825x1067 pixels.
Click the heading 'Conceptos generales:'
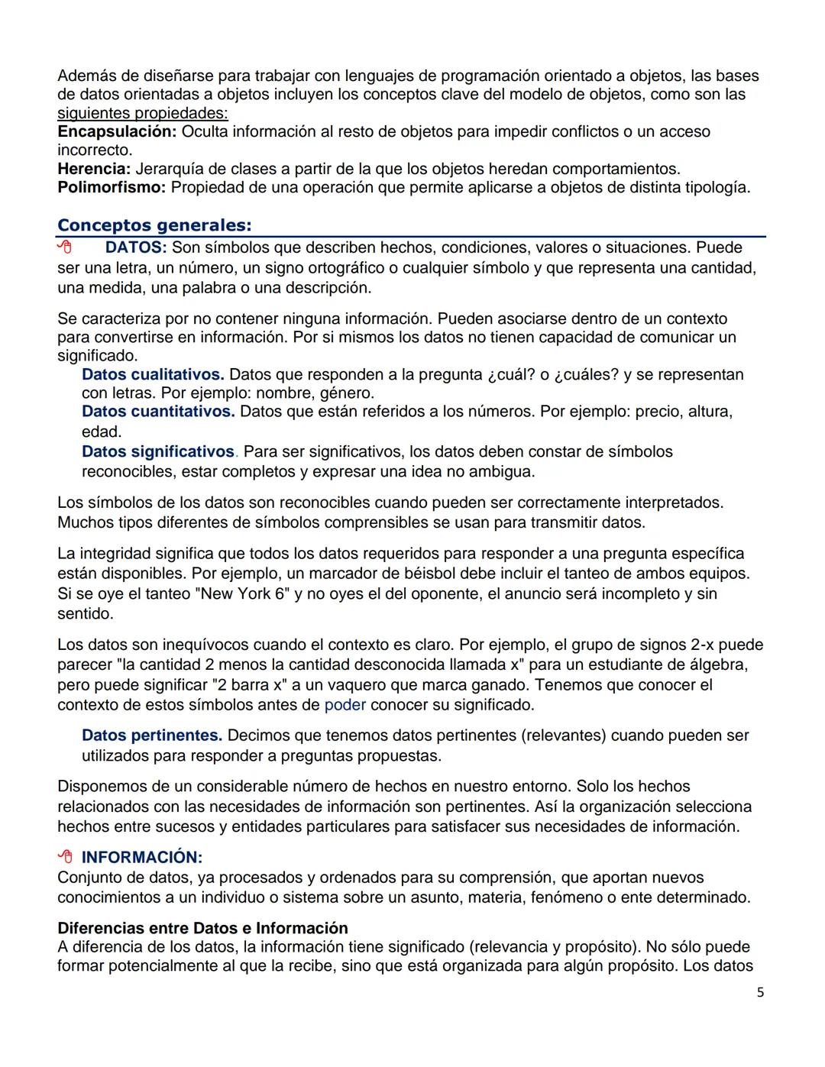[154, 225]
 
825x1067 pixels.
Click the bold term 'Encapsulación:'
[117, 131]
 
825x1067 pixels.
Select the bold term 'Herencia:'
[94, 169]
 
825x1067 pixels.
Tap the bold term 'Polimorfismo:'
[112, 187]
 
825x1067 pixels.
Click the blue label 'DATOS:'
[135, 247]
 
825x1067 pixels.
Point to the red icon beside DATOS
[65, 247]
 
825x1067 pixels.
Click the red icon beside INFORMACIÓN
[65, 857]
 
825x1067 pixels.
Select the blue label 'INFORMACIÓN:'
[142, 857]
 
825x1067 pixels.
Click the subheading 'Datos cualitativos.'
[153, 374]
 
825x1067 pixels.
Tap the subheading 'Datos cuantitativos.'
[158, 412]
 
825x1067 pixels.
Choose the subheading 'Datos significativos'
[158, 451]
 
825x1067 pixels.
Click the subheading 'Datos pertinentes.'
[152, 736]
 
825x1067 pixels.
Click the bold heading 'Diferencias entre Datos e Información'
[202, 928]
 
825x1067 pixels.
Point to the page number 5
[760, 992]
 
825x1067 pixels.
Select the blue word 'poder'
[345, 704]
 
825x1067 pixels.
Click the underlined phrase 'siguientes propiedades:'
[143, 113]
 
